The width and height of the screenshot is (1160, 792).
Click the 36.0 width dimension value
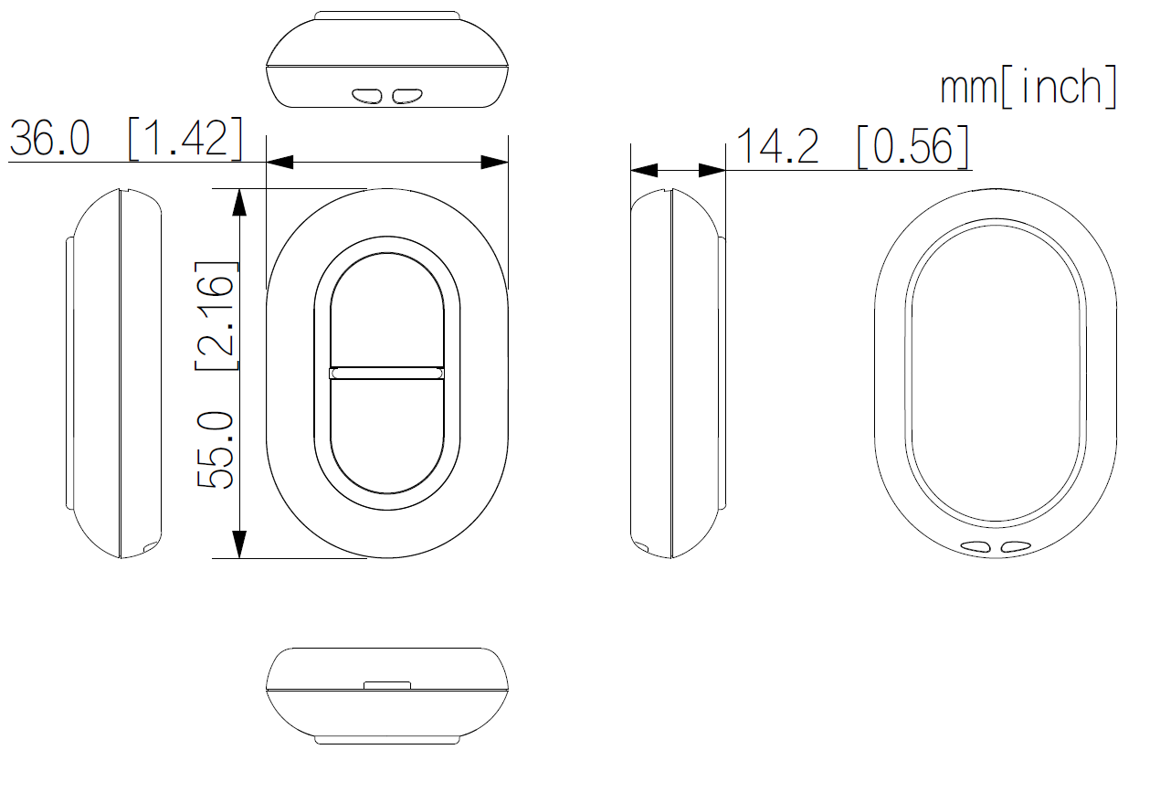(50, 139)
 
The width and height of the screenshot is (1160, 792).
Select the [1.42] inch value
(186, 139)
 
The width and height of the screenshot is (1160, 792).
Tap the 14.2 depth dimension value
(777, 147)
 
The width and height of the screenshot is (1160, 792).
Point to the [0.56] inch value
(913, 147)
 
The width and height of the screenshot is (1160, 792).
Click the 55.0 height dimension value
(217, 449)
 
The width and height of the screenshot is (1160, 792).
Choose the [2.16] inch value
(217, 315)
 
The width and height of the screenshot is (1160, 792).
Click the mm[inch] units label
(1029, 87)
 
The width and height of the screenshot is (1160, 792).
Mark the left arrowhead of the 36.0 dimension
(279, 163)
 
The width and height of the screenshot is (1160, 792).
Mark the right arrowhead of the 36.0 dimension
(495, 163)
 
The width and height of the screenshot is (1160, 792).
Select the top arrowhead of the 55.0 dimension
(239, 202)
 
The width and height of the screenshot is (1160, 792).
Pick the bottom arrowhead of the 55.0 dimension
(239, 544)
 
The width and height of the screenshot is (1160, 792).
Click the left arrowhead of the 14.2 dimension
(644, 171)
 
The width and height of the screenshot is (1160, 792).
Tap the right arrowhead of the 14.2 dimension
(712, 171)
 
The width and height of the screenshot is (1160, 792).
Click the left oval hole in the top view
(368, 95)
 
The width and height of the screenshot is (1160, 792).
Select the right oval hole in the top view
(406, 95)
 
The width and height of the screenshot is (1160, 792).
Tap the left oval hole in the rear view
(976, 547)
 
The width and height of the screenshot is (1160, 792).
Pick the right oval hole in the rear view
(1015, 547)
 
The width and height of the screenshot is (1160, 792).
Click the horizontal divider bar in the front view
(386, 373)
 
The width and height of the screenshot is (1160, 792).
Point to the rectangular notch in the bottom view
(386, 683)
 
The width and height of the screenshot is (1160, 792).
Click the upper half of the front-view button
(386, 311)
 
